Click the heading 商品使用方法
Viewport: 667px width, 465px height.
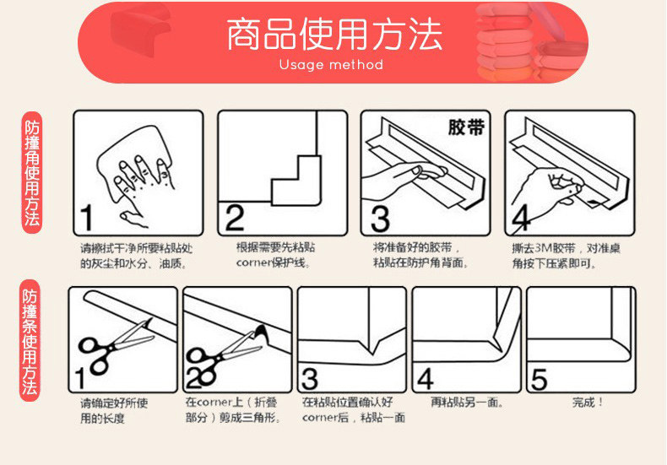[334, 35]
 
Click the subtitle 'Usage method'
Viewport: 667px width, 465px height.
[331, 65]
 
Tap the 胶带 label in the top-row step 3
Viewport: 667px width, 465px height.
[466, 127]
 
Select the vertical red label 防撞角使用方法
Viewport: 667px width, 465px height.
[32, 172]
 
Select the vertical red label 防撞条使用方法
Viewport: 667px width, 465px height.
[30, 340]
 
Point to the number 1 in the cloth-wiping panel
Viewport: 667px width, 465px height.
[87, 218]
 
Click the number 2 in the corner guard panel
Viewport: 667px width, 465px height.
[235, 218]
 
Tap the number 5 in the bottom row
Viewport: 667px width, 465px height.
[539, 379]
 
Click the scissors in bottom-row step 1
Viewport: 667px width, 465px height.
[115, 346]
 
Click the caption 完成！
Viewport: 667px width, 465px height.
[588, 402]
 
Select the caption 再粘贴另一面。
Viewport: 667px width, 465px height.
[467, 402]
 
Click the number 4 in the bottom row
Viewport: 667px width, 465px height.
[426, 379]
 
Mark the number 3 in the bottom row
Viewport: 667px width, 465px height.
[310, 379]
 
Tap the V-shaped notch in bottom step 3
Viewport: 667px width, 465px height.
[373, 345]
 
